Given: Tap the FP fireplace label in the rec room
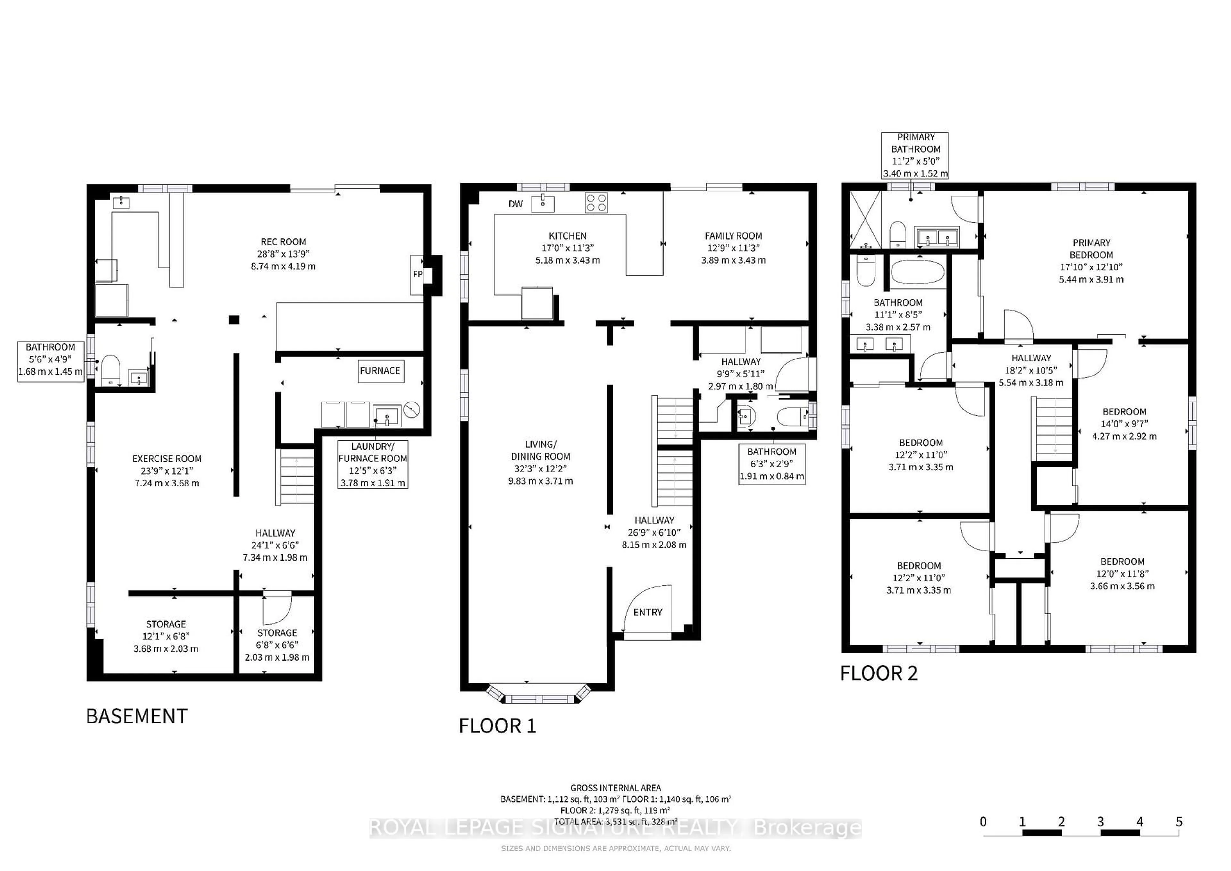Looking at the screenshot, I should pos(417,275).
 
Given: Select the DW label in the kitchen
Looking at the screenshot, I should pos(515,204).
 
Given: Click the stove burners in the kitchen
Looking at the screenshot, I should pos(596,203).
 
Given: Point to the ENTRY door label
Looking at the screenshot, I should pos(647,612).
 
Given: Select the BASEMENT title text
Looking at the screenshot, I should pos(137,716).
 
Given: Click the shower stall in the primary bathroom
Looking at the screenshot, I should pos(865,220).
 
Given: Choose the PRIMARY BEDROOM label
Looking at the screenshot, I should pos(1091,249).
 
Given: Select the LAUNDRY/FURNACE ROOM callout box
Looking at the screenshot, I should pos(373,464).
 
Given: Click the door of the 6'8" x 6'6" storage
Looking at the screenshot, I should pos(276,607).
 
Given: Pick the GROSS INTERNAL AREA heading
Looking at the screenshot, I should pos(615,788).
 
